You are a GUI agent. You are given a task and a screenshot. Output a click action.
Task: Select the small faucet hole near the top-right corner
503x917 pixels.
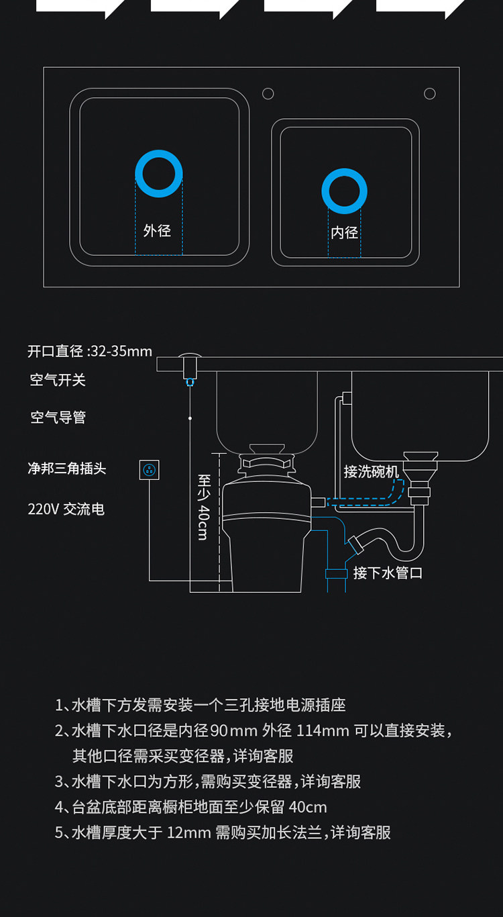(430, 94)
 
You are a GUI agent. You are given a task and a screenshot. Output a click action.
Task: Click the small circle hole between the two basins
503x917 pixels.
(268, 94)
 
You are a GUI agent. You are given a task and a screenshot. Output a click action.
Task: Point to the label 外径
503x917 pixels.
(157, 230)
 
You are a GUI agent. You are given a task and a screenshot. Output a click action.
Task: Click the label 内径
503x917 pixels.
(344, 232)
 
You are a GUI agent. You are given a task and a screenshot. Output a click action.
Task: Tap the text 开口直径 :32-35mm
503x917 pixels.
(90, 351)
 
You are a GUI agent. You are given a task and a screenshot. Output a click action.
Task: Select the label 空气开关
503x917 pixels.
(58, 380)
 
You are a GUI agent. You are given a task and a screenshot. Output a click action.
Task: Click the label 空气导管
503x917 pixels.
(58, 417)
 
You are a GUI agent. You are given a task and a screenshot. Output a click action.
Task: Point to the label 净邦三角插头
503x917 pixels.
(67, 468)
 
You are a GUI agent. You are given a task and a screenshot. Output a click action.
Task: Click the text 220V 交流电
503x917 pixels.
(66, 510)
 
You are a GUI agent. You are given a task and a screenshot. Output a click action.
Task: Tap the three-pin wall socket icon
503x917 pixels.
(150, 470)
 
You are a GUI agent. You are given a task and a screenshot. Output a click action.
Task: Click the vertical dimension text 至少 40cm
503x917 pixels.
(204, 508)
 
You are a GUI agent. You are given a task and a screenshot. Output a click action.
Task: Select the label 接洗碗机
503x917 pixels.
(371, 471)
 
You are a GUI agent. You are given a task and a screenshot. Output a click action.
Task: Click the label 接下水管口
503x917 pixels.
(388, 573)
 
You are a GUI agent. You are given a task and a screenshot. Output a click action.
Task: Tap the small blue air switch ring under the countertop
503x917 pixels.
(190, 382)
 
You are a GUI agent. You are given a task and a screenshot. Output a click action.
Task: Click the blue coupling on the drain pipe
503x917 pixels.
(336, 573)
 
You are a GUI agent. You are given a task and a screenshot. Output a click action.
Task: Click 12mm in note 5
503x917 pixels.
(189, 832)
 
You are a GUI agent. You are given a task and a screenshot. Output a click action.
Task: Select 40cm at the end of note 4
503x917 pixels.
(308, 808)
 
